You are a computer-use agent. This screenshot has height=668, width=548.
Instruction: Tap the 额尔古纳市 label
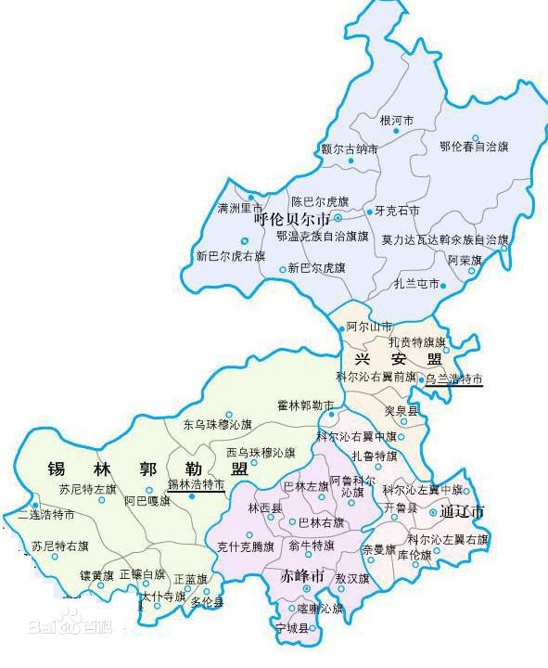click(350, 148)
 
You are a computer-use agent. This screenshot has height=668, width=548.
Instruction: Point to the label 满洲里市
click(240, 208)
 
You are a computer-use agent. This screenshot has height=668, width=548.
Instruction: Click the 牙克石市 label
click(397, 211)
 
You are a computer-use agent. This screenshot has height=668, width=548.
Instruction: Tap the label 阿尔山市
click(369, 328)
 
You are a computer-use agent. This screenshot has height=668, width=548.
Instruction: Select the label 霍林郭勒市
click(305, 405)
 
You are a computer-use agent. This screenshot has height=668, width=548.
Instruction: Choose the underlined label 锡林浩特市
click(196, 484)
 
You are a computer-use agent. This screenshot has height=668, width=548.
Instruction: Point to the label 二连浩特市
click(46, 515)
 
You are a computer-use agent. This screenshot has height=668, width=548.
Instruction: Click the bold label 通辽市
click(465, 511)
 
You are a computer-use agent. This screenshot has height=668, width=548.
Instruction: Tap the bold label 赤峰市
click(302, 576)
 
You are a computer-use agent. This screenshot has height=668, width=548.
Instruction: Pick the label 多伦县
click(207, 601)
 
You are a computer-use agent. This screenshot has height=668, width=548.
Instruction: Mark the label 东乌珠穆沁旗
click(218, 425)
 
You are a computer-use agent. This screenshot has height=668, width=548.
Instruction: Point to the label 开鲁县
click(401, 509)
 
